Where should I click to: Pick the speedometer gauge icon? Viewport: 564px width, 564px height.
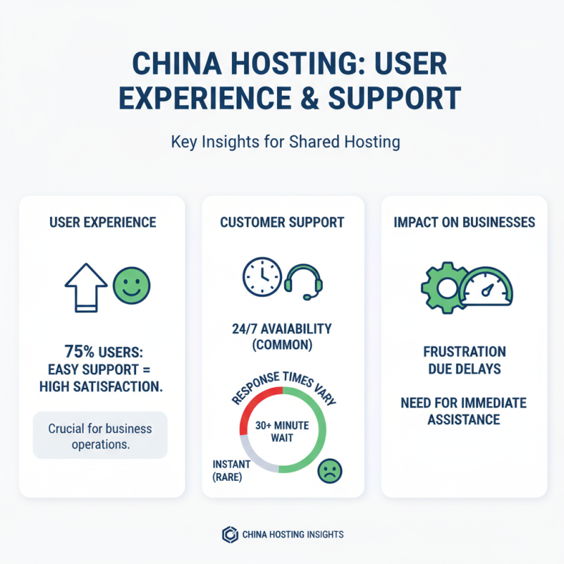click(x=486, y=286)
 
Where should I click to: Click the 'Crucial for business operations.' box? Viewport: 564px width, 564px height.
click(x=100, y=436)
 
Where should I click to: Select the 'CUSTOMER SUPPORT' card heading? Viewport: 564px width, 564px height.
click(x=282, y=223)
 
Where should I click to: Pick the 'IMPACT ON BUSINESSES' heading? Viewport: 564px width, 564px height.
click(x=464, y=223)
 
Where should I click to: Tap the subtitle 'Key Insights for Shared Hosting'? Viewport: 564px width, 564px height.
click(x=285, y=142)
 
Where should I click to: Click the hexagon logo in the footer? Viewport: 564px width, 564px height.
click(x=228, y=534)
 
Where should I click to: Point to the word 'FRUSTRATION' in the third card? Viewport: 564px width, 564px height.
click(x=464, y=351)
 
